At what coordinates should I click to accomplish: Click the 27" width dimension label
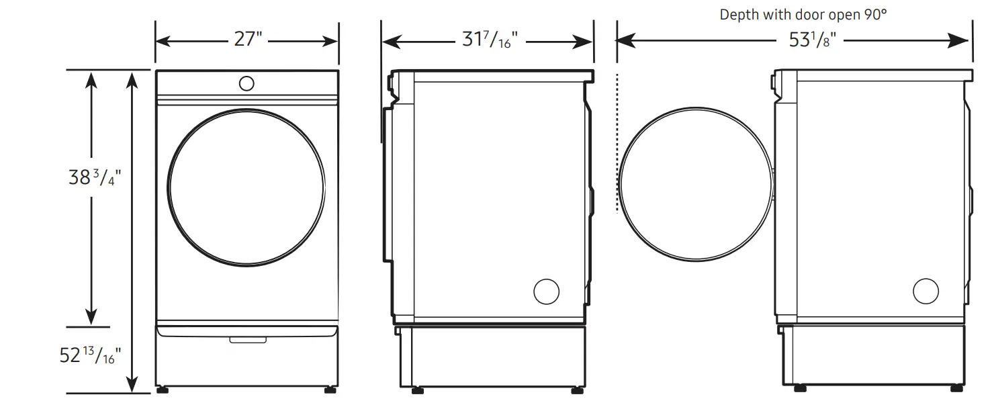click(247, 40)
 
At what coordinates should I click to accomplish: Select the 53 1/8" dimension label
click(812, 42)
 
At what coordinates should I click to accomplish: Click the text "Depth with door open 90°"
click(803, 15)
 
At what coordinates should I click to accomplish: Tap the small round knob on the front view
click(246, 83)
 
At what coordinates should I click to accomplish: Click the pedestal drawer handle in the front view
click(246, 340)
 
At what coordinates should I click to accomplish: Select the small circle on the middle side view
click(546, 291)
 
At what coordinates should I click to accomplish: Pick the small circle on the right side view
click(926, 291)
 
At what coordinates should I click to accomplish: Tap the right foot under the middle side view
click(577, 390)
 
